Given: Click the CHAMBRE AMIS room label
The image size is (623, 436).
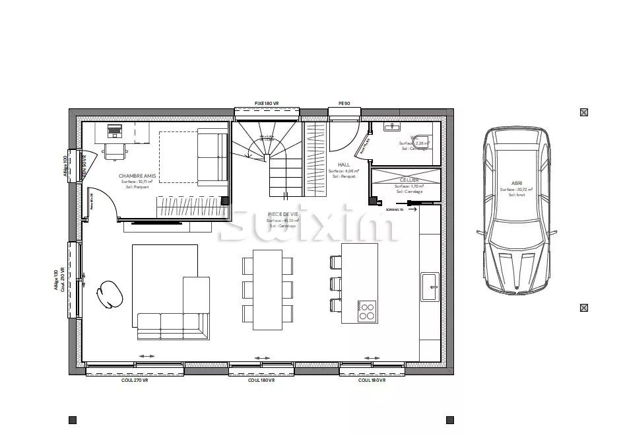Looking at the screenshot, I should click(x=137, y=176).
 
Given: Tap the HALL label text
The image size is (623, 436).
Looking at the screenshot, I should click(x=343, y=164).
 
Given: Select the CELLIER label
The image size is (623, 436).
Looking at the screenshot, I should click(x=409, y=180).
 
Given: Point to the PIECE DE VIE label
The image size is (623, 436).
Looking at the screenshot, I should click(x=282, y=214).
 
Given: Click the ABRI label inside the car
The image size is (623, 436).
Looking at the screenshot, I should click(x=516, y=183).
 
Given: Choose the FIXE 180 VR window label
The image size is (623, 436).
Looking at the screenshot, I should click(x=267, y=104).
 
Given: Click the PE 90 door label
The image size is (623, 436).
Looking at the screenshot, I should click(x=344, y=104).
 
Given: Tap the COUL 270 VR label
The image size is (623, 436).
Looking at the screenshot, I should click(x=134, y=381).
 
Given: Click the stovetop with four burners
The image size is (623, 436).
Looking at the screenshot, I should click(x=368, y=310).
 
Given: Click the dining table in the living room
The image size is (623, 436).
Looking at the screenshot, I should click(x=267, y=290).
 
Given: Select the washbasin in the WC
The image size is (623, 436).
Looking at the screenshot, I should click(x=393, y=126).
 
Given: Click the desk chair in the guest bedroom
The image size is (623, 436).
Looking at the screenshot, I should click(x=115, y=151).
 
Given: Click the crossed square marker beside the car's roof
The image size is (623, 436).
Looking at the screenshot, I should click(x=584, y=112).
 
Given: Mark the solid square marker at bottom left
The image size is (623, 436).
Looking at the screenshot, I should click(x=73, y=419).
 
